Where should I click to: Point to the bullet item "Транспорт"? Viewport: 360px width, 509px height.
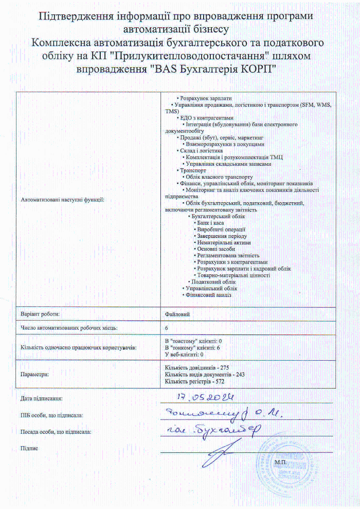(193, 170)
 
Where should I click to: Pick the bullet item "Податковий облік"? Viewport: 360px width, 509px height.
(213, 282)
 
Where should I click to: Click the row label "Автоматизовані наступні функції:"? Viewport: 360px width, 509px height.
(62, 200)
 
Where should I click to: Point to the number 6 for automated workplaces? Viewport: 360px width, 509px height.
(167, 327)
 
